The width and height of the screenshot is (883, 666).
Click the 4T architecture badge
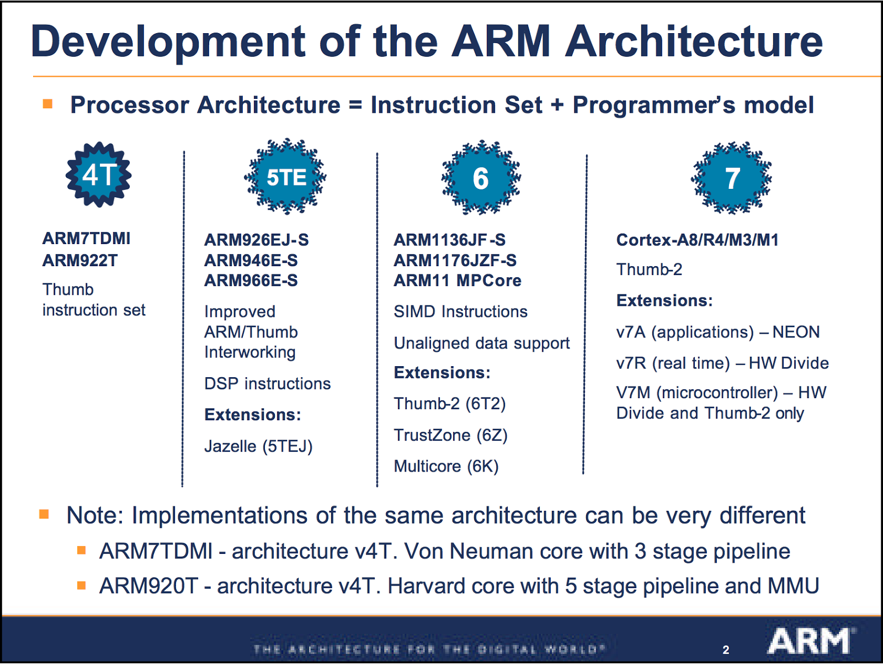(99, 175)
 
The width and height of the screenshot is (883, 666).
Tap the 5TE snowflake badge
(285, 177)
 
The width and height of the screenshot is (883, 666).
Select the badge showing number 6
(481, 178)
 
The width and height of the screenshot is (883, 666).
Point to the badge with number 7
(732, 178)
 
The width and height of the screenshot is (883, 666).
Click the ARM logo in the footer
(810, 641)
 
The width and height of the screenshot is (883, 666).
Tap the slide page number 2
(726, 650)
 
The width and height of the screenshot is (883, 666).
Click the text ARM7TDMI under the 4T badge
(86, 239)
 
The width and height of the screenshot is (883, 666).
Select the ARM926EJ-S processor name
(256, 240)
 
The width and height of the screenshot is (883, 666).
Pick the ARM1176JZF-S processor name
(455, 260)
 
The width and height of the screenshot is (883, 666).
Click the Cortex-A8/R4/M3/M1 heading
(697, 240)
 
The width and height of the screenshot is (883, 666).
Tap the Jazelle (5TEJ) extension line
(258, 446)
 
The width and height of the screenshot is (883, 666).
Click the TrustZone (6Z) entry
(450, 435)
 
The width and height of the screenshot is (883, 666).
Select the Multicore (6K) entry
(446, 466)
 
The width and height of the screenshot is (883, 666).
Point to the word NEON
(796, 332)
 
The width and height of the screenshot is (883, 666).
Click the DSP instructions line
(267, 383)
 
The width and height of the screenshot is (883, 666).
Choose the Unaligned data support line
(481, 343)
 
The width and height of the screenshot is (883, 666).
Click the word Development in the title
(168, 42)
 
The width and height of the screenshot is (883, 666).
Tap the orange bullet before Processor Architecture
(48, 104)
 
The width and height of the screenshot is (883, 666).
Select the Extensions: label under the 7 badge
(664, 300)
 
